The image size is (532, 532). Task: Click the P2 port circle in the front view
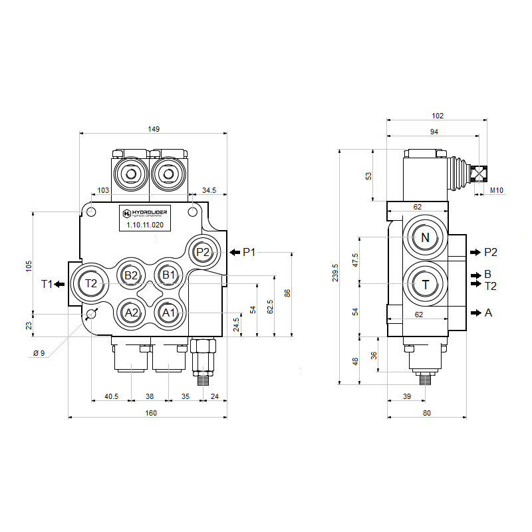pos(203,252)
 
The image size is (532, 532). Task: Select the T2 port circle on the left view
pos(91,283)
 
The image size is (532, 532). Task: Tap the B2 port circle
pos(131,275)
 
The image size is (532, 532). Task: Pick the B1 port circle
pos(168,275)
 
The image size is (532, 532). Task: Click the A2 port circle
pos(131,312)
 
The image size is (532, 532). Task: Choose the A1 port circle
pos(168,312)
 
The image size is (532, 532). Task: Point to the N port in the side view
pos(425,239)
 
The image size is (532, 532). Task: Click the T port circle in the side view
pos(425,285)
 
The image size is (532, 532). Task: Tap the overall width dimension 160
pos(151,413)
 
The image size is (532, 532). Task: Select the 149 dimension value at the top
pos(154,129)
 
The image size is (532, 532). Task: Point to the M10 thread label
pos(497,191)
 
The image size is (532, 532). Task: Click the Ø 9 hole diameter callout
pos(39,353)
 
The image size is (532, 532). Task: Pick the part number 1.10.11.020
pos(145,225)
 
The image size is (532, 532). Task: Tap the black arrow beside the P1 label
pos(235,252)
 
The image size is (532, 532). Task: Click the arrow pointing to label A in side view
pos(474,312)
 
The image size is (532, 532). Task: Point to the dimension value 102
pos(438,116)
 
